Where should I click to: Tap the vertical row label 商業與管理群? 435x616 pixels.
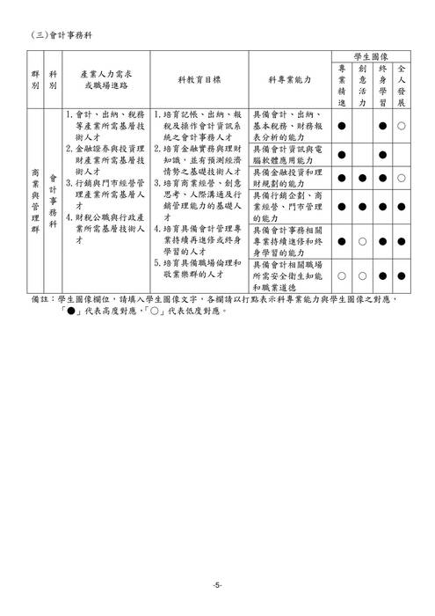pyautogui.click(x=35, y=201)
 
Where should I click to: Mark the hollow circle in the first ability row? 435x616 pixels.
pyautogui.click(x=402, y=126)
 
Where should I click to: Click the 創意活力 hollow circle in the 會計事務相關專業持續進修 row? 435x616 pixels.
pyautogui.click(x=362, y=240)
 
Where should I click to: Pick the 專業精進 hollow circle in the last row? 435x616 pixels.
pyautogui.click(x=342, y=275)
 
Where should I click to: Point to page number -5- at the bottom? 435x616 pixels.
pyautogui.click(x=217, y=585)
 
